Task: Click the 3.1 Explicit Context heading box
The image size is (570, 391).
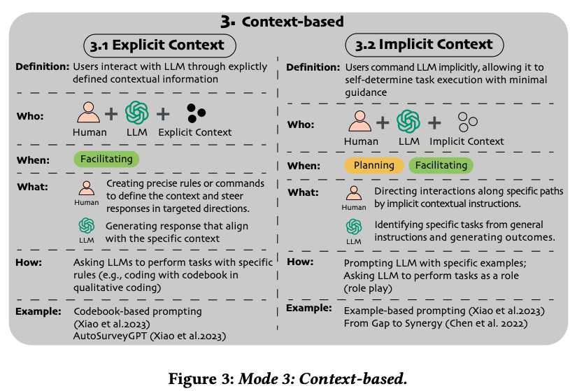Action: pyautogui.click(x=159, y=45)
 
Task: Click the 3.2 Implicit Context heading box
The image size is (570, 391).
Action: pyautogui.click(x=425, y=44)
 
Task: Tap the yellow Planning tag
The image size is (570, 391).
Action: pyautogui.click(x=373, y=166)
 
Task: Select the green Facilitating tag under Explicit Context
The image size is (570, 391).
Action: pyautogui.click(x=106, y=159)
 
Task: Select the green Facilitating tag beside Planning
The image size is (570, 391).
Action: pyautogui.click(x=441, y=166)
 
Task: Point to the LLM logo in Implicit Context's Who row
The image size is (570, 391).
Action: pyautogui.click(x=408, y=122)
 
